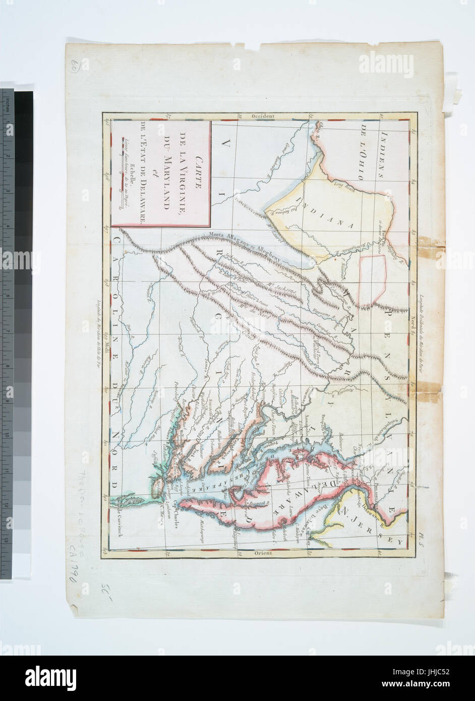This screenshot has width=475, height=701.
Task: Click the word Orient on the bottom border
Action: coord(262,553)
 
